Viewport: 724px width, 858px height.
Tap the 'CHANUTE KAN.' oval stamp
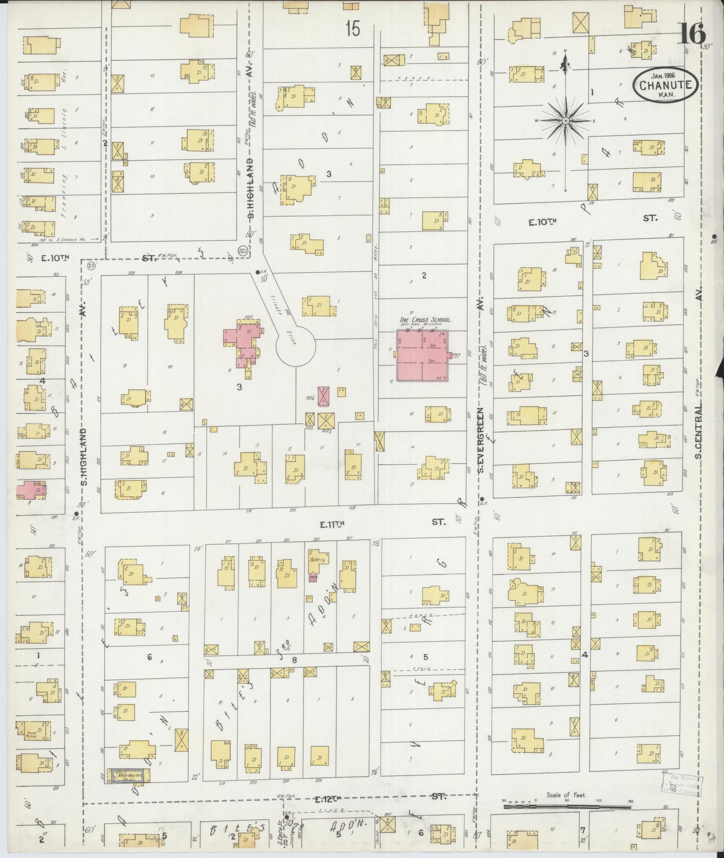click(x=666, y=86)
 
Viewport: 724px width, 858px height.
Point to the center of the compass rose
click(x=566, y=121)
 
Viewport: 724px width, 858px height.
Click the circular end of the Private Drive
click(x=295, y=346)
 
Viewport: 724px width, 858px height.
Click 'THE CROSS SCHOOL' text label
click(x=425, y=320)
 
